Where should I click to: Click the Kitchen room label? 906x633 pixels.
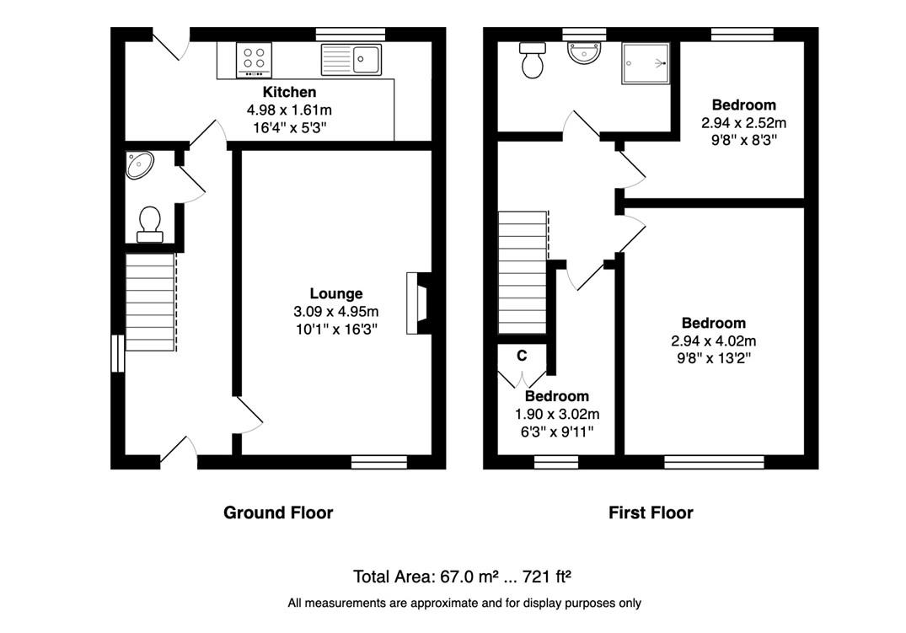(289, 92)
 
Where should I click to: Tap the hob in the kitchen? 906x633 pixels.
(254, 60)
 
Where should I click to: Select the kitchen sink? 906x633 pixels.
(351, 60)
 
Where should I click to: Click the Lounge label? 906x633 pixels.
(335, 293)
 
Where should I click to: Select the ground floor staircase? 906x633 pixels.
(151, 302)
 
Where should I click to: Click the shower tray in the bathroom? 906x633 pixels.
(646, 63)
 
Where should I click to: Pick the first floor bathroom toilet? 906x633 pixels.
(532, 60)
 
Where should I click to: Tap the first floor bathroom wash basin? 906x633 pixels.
(584, 54)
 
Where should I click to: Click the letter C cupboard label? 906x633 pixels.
(522, 356)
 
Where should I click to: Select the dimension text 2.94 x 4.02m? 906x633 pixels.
(714, 341)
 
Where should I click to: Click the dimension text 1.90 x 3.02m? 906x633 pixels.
(557, 415)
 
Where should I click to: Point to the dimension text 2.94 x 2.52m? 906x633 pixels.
(743, 123)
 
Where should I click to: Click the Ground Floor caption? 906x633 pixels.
(278, 512)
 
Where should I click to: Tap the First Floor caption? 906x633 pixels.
(651, 512)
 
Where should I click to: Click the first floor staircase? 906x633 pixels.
(523, 272)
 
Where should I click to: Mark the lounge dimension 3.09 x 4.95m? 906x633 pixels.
(335, 312)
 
